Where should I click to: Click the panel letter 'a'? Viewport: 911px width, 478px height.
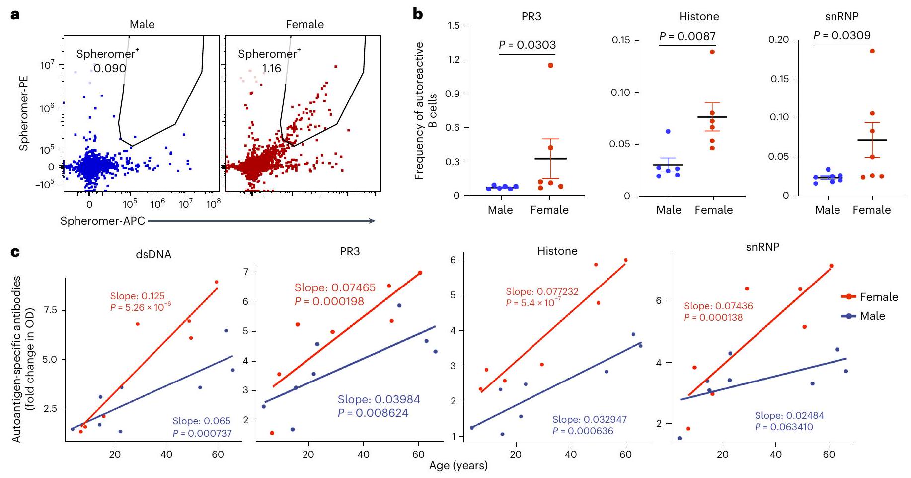coord(15,15)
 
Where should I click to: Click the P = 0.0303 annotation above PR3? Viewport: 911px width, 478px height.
coord(527,45)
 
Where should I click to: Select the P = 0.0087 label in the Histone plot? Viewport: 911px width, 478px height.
coord(687,36)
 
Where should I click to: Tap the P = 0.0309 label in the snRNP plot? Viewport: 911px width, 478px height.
coord(842,35)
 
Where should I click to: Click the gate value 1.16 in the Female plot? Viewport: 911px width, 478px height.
coord(271,68)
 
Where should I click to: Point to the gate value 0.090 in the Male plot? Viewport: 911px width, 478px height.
coord(110,68)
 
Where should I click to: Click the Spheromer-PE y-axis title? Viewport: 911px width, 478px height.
coord(24,113)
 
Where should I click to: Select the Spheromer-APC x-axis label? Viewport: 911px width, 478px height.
coord(102,221)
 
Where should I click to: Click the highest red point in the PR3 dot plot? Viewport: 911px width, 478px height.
coord(550,65)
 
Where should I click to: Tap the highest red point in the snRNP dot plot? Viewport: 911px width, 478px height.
coord(872,51)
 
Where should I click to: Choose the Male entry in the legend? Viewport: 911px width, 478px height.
coord(872,316)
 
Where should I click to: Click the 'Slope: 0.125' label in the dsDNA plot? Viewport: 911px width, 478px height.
coord(137,296)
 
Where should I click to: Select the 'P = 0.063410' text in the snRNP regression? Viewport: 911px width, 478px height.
coord(784,427)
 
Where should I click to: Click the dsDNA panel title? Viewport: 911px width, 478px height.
coord(153,254)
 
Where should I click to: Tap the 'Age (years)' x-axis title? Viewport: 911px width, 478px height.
coord(458,466)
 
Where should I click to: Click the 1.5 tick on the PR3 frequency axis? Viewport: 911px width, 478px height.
coord(454,26)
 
